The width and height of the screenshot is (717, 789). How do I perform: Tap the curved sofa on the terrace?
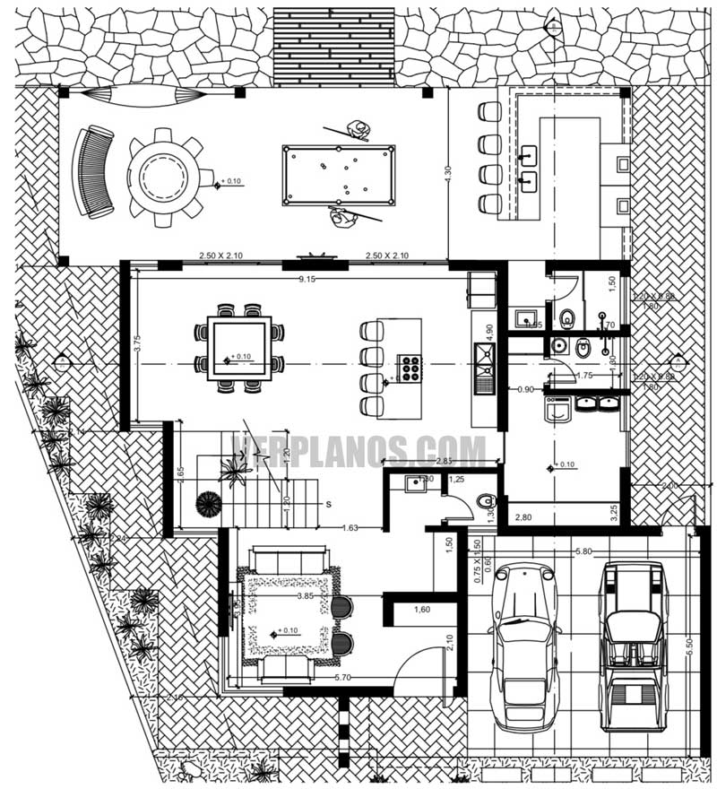click(94, 172)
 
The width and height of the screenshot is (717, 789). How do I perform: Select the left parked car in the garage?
click(523, 644)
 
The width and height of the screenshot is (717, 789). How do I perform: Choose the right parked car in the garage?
click(634, 644)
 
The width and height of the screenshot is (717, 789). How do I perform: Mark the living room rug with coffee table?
click(289, 615)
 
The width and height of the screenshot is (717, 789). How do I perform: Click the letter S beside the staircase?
click(329, 505)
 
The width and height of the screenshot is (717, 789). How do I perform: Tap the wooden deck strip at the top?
click(333, 42)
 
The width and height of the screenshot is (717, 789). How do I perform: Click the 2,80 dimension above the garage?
click(522, 519)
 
